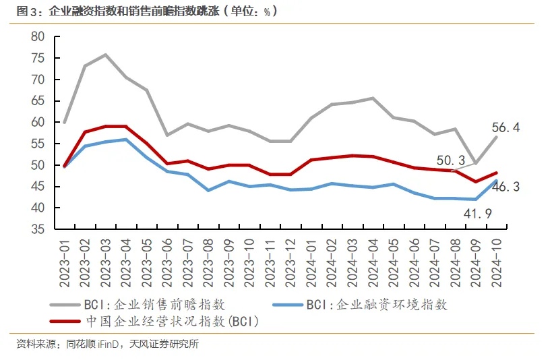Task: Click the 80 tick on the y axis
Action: click(38, 36)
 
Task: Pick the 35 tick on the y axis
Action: click(38, 229)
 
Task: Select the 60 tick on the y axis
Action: click(38, 123)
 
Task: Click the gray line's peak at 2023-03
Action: click(106, 55)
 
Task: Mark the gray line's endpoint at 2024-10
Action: click(496, 138)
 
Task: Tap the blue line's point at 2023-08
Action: click(208, 190)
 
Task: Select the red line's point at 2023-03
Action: click(106, 126)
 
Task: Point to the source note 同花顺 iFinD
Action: click(92, 344)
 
